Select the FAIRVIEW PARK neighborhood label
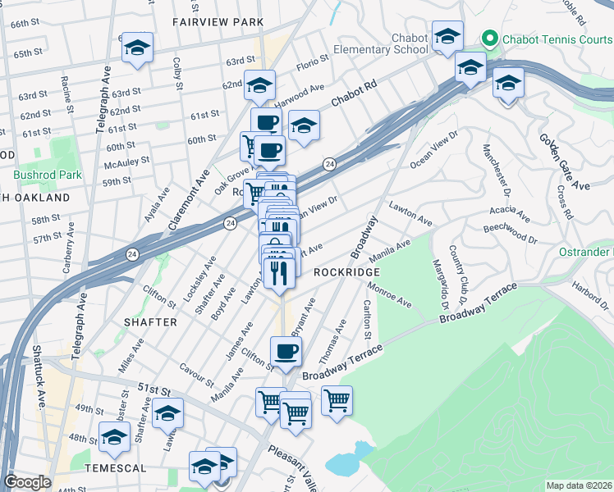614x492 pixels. coord(218,21)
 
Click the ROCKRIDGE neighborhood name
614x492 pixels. coord(346,271)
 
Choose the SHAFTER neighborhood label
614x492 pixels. coord(150,322)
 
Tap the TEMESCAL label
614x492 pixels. coord(114,468)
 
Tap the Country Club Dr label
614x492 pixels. coord(457,271)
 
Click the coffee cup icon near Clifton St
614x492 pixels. coord(286,352)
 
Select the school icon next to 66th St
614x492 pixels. coord(137,48)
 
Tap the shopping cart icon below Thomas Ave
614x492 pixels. coord(337,401)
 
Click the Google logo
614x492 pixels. coord(27,481)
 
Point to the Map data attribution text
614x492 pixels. coord(578,485)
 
